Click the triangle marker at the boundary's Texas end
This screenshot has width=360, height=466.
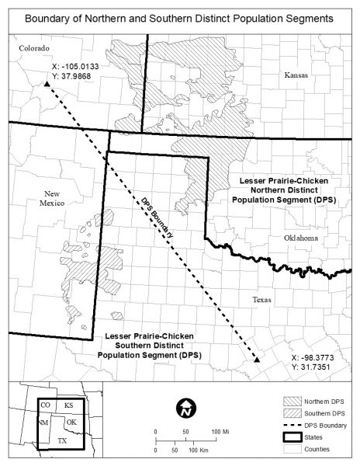pos(258,359)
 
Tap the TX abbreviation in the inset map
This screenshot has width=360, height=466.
pos(62,440)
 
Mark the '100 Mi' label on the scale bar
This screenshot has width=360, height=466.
pos(220,432)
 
